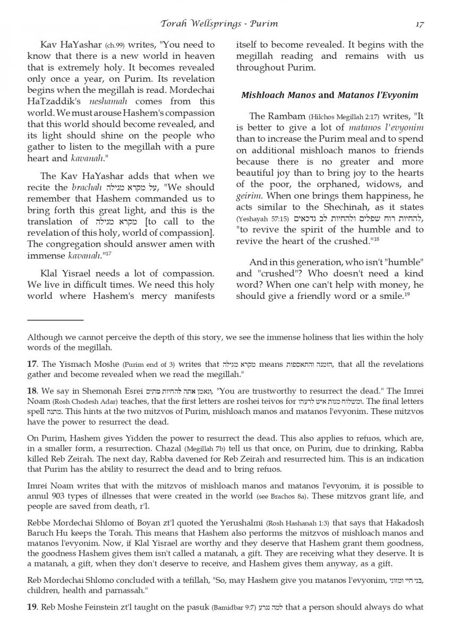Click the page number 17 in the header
point(419,24)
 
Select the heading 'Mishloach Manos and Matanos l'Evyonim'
point(329,96)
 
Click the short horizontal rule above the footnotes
point(55,320)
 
